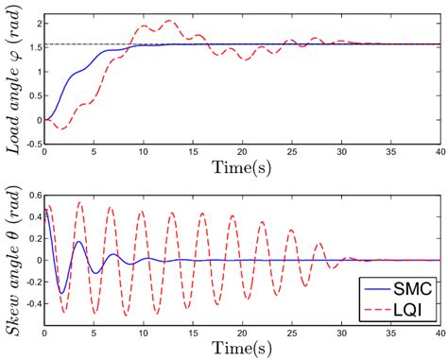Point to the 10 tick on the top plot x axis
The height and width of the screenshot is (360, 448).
[144, 155]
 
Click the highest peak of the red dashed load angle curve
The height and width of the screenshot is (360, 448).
[169, 21]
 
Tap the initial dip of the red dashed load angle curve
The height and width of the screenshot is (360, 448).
[56, 127]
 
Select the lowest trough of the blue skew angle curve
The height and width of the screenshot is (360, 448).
[60, 292]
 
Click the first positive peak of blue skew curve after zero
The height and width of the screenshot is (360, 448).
[78, 242]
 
